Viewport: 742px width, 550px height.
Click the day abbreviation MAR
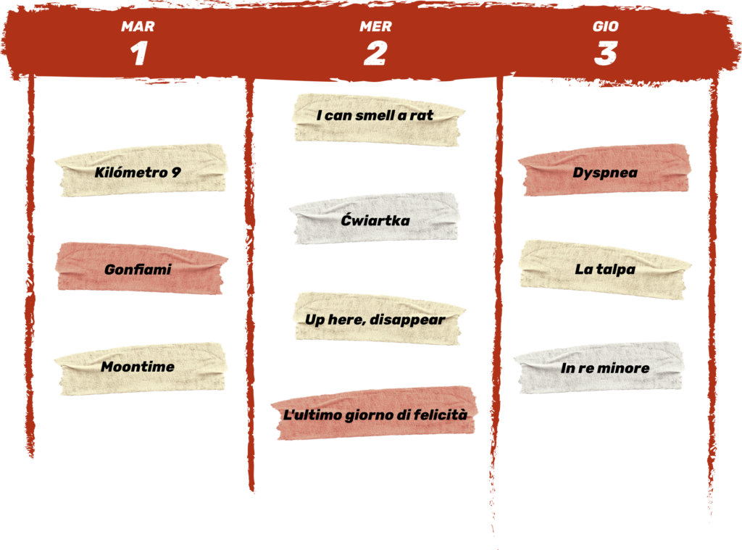[x=138, y=27]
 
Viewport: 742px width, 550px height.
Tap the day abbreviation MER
[x=376, y=27]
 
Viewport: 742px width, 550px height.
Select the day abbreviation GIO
[x=606, y=27]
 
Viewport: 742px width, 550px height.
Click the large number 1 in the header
[x=139, y=53]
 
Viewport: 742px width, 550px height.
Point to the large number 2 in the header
[x=376, y=53]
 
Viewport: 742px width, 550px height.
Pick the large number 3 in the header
[x=606, y=53]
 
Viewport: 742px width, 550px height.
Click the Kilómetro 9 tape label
[x=141, y=170]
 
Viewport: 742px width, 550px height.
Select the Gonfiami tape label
[x=141, y=268]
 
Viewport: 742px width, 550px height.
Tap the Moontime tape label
[x=141, y=369]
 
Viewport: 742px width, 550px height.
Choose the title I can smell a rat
[x=375, y=115]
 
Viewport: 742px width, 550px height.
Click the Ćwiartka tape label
[x=375, y=218]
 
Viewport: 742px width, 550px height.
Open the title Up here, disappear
[x=375, y=320]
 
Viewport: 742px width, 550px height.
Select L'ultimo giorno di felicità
[x=375, y=415]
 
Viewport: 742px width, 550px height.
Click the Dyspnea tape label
[x=604, y=170]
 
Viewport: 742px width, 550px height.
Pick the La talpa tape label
[x=604, y=270]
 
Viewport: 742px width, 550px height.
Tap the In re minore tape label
[x=599, y=368]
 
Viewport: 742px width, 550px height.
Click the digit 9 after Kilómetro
[x=176, y=172]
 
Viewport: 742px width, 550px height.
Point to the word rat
[x=422, y=116]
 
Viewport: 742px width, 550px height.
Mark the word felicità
[x=441, y=414]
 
